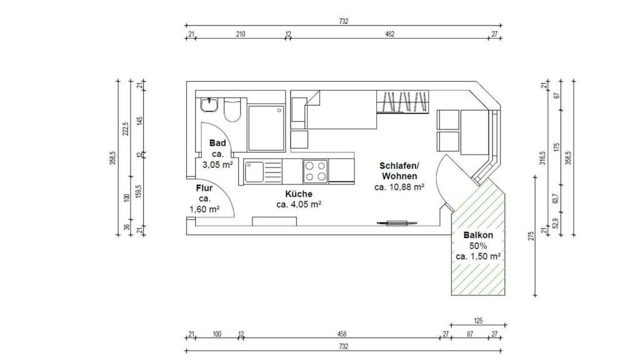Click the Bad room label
pyautogui.click(x=217, y=143)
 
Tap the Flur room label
pyautogui.click(x=204, y=188)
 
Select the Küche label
pyautogui.click(x=299, y=194)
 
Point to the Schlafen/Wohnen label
pyautogui.click(x=399, y=171)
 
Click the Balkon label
pyautogui.click(x=478, y=235)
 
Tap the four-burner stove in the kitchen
pyautogui.click(x=315, y=171)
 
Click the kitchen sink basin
pyautogui.click(x=254, y=172)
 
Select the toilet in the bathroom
pyautogui.click(x=232, y=110)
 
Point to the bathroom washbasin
pyautogui.click(x=209, y=105)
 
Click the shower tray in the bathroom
pyautogui.click(x=266, y=129)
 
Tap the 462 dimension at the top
pyautogui.click(x=390, y=34)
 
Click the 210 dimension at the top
pyautogui.click(x=241, y=34)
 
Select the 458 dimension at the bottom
pyautogui.click(x=342, y=334)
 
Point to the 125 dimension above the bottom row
pyautogui.click(x=478, y=321)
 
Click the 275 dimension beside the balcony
pyautogui.click(x=531, y=236)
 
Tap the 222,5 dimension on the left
pyautogui.click(x=126, y=129)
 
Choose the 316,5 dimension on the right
pyautogui.click(x=542, y=157)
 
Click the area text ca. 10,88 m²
pyautogui.click(x=399, y=187)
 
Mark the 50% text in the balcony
pyautogui.click(x=478, y=246)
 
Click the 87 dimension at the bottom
pyautogui.click(x=470, y=334)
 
